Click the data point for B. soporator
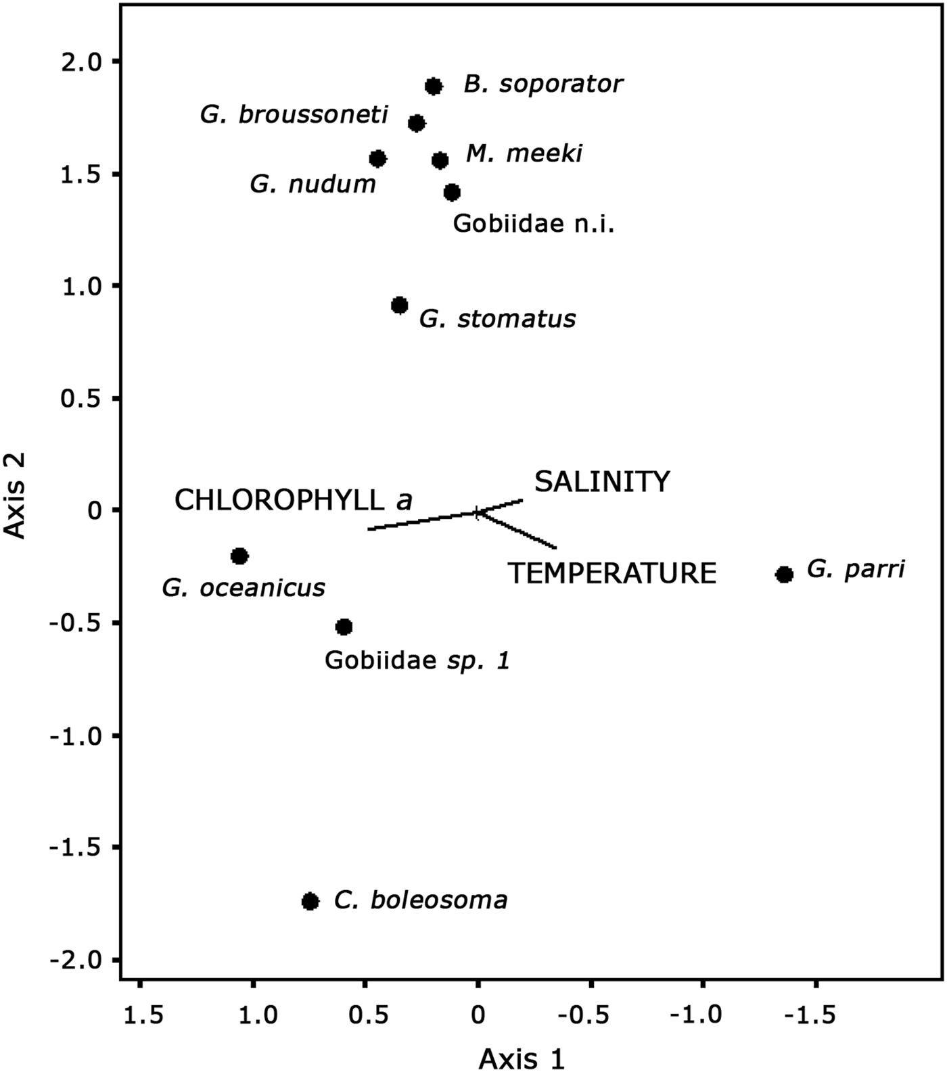[x=434, y=87]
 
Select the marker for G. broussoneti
[x=417, y=123]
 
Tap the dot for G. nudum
[x=377, y=159]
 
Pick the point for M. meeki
[x=440, y=160]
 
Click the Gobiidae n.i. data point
[x=452, y=193]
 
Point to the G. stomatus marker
[x=400, y=306]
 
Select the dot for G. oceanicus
[x=239, y=556]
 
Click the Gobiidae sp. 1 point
[x=344, y=627]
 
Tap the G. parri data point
[x=784, y=575]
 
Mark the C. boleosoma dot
[x=310, y=901]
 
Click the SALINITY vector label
[x=602, y=482]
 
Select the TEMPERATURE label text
[x=612, y=574]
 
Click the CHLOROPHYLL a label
[x=293, y=501]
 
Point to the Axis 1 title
[x=521, y=1058]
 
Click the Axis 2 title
[x=15, y=495]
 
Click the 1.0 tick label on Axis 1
[x=253, y=1015]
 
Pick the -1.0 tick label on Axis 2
[x=76, y=735]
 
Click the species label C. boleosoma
[x=421, y=901]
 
